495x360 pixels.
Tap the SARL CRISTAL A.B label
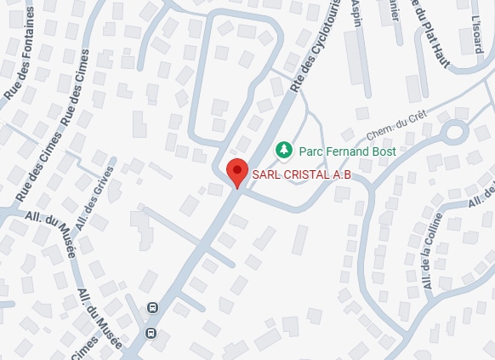pos(302,175)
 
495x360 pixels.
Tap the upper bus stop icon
pos(152,308)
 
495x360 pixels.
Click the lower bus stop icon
pos(151,333)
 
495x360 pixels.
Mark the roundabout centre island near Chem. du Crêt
pos(452,132)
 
